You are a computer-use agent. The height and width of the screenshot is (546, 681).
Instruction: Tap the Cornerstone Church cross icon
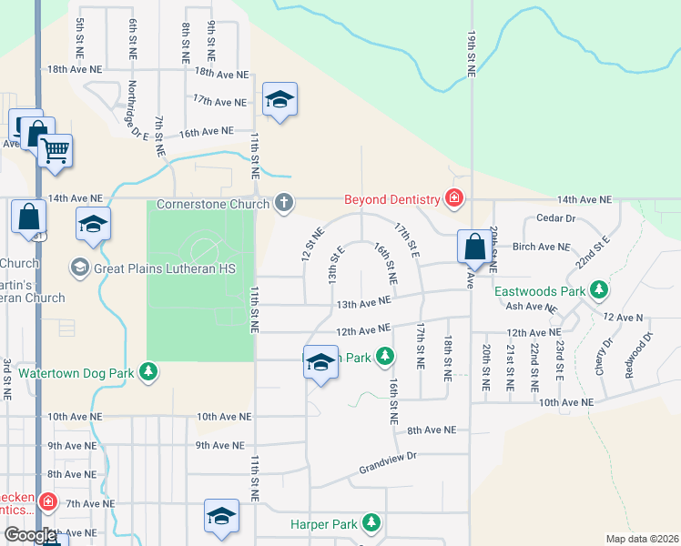point(284,202)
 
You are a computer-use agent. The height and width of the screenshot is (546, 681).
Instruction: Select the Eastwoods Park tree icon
point(598,291)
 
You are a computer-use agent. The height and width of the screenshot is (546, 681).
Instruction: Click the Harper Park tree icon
point(371,523)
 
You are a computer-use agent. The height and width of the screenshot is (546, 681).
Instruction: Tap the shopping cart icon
point(56,149)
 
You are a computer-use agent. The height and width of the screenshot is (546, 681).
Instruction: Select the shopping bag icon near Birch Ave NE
point(474,245)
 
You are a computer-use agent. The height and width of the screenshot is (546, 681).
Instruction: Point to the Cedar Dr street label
point(557,218)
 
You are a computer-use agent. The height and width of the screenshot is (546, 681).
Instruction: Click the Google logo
point(30,535)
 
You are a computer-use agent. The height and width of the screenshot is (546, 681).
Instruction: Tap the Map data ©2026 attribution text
point(641,539)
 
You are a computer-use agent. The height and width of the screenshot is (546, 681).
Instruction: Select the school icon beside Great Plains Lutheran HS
point(93,224)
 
